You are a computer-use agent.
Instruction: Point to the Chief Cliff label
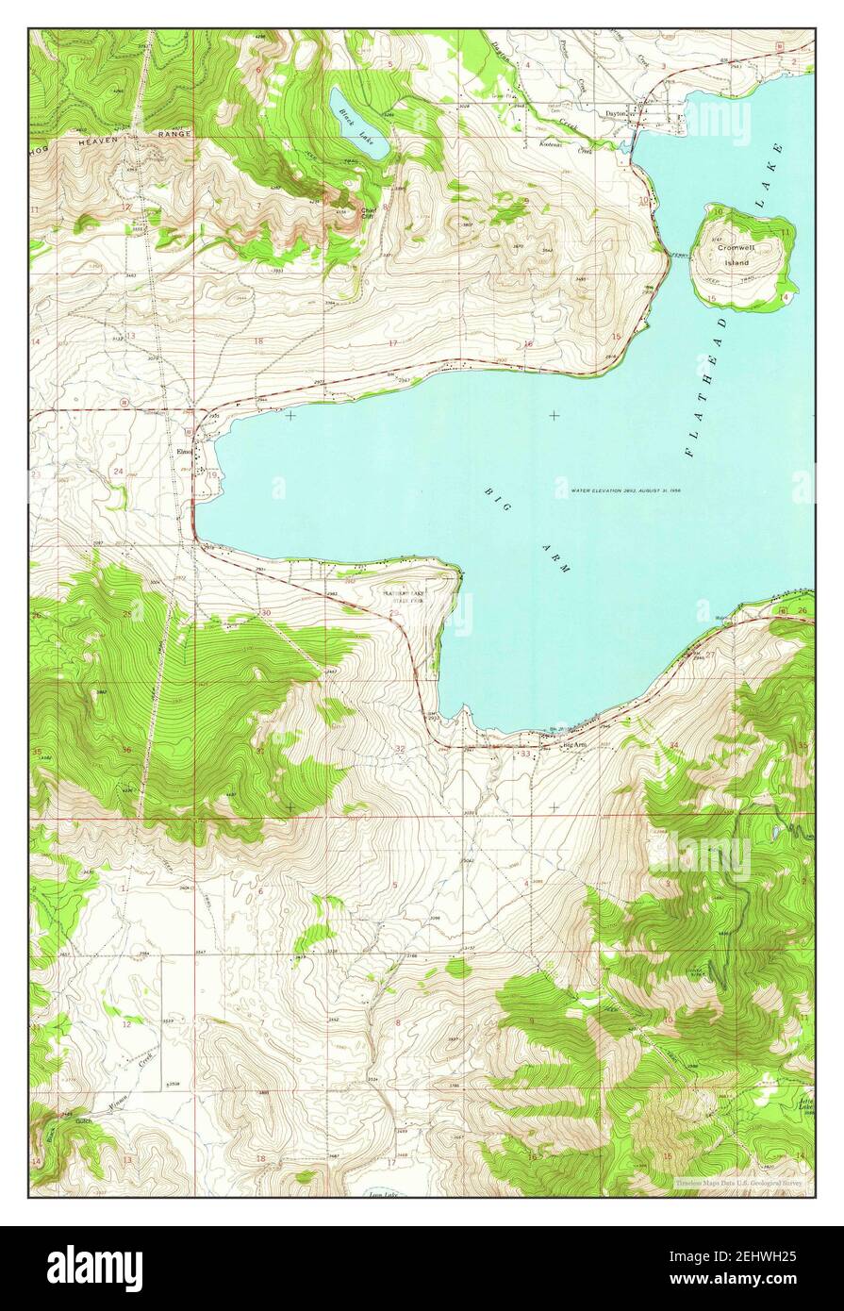tap(368, 214)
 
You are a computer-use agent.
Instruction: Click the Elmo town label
tap(184, 451)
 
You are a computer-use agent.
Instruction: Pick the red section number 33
tap(524, 754)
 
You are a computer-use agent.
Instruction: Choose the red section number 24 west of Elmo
tap(119, 471)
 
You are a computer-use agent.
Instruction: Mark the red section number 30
tap(266, 613)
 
